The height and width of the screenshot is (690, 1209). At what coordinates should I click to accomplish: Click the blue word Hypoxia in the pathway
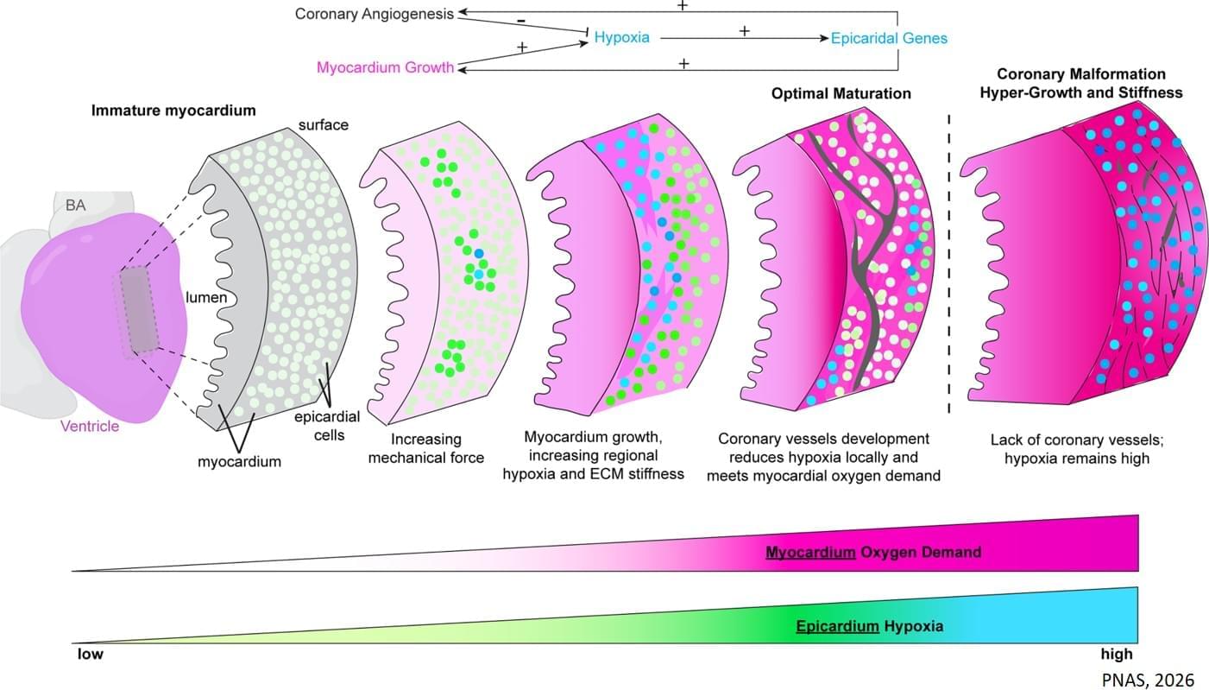[622, 37]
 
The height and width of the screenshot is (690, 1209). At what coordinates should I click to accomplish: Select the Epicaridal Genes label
[889, 38]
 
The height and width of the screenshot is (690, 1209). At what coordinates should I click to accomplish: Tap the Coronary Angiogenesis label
[374, 14]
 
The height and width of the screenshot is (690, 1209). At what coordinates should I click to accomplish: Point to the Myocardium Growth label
[386, 67]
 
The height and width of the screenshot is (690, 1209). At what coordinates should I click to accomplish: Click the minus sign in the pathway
[521, 21]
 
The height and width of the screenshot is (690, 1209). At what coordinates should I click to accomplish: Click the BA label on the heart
[76, 206]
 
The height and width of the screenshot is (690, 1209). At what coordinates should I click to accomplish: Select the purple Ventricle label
[90, 427]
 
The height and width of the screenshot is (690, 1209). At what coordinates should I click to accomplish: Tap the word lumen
[206, 298]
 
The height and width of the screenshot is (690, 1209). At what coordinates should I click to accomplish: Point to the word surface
[324, 125]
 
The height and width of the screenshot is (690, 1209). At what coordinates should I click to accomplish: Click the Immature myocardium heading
[173, 111]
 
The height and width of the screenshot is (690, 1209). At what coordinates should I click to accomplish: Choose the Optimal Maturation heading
[841, 93]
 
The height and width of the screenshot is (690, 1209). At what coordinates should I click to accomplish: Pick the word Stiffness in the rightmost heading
[1150, 92]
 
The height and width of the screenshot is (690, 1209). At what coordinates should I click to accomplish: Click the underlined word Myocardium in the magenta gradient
[810, 552]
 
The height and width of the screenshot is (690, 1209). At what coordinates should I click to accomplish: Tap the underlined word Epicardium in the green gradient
[838, 626]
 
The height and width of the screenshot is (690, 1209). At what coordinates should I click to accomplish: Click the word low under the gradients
[90, 654]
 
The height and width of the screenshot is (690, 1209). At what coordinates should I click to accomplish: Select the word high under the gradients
[1117, 655]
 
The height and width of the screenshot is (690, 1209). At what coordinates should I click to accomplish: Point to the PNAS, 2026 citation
[1148, 680]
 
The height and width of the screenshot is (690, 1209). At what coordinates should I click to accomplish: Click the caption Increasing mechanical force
[425, 448]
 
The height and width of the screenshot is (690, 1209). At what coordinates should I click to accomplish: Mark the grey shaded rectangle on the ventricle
[139, 310]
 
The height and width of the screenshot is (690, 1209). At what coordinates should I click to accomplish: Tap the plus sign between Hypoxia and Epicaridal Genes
[744, 31]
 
